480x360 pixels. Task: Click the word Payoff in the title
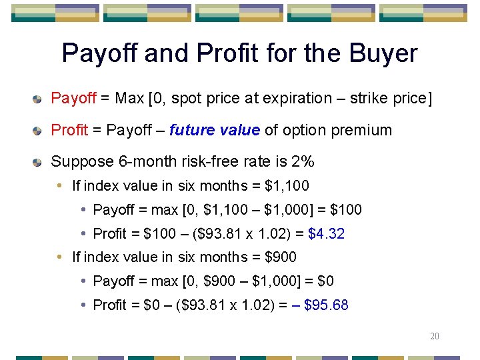[101, 53]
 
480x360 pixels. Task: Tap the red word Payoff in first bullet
[73, 99]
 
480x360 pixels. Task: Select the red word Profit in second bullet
[69, 130]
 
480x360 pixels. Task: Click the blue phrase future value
[214, 130]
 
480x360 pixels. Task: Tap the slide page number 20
[434, 336]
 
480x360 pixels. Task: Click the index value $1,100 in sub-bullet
[287, 186]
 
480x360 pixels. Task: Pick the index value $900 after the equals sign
[281, 257]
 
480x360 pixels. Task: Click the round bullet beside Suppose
[39, 162]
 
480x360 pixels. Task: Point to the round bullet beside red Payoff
[39, 99]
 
